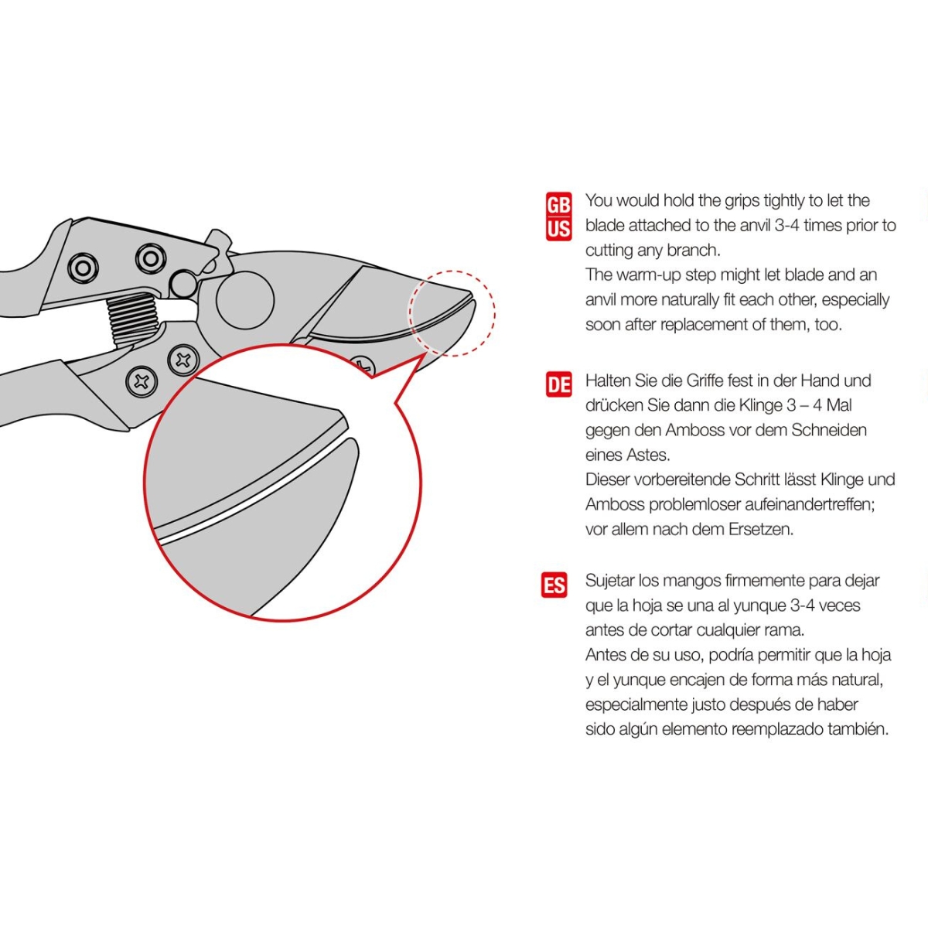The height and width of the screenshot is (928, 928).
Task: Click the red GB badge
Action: point(558,204)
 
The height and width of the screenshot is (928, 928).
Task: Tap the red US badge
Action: point(558,229)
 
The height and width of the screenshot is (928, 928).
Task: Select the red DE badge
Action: point(558,384)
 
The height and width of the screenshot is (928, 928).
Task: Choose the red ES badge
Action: point(554,585)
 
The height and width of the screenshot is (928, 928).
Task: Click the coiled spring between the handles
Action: point(135,319)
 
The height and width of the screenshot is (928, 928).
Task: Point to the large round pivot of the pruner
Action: point(245,300)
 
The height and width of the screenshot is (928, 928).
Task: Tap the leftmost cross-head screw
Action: point(142,382)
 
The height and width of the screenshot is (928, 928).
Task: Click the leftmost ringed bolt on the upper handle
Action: point(83,268)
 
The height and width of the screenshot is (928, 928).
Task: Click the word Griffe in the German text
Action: point(705,381)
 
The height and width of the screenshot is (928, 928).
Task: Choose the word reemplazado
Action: point(776,729)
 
